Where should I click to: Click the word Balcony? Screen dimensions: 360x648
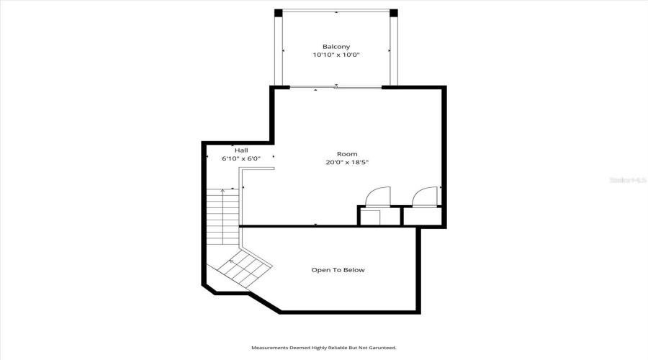tap(336, 47)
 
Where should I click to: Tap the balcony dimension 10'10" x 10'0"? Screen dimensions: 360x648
tap(336, 55)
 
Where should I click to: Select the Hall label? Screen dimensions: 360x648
tap(232, 150)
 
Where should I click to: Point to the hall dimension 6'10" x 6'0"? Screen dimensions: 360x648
tap(240, 158)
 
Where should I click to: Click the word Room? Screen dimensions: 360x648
tap(347, 154)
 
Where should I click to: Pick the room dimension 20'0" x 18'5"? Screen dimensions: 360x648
tap(347, 163)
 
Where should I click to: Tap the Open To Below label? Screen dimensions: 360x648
tap(338, 270)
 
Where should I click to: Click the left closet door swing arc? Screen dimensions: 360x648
tap(378, 196)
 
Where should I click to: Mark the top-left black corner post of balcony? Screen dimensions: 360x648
tap(278, 12)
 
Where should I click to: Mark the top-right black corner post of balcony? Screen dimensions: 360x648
tap(393, 12)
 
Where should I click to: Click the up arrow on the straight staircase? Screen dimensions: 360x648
tap(222, 192)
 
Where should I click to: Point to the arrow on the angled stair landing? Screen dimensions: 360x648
tap(231, 261)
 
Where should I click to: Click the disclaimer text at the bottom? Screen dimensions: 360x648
tap(323, 348)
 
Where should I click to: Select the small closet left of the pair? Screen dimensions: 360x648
tap(370, 217)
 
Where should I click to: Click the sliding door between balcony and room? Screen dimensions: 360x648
tap(336, 87)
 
